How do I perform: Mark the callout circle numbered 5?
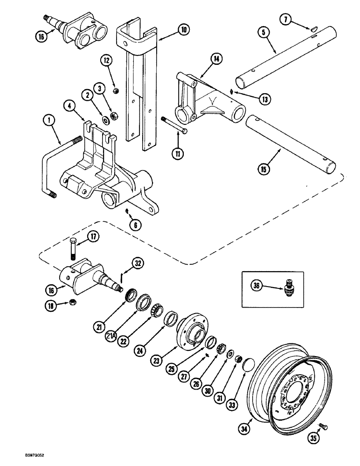click(264, 33)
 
